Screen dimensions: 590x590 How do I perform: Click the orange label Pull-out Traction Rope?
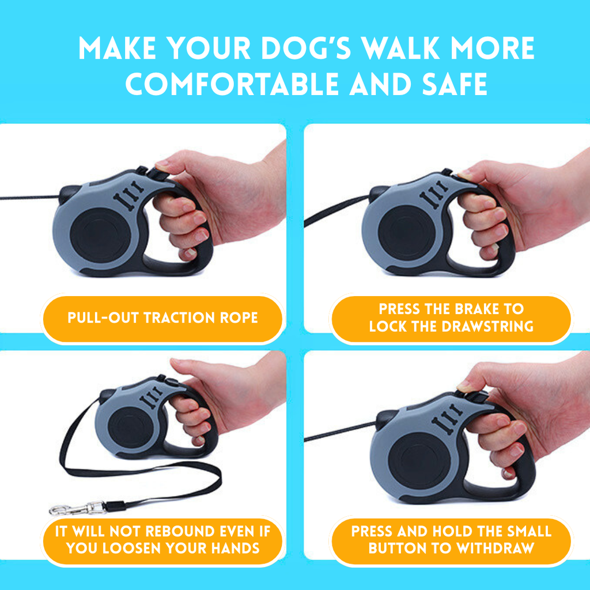(162, 317)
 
